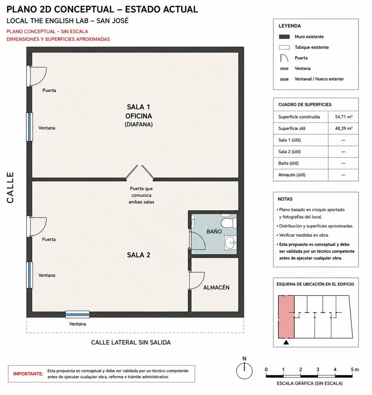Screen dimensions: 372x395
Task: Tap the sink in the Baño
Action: (231, 242)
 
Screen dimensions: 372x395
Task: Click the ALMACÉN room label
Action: (216, 287)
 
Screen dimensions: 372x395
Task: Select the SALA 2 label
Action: (138, 255)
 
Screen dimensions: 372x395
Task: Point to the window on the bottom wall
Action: (77, 314)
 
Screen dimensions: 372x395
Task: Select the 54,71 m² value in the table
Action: (343, 117)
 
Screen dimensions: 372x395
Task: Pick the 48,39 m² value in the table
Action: (343, 128)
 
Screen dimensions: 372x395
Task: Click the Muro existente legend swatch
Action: (284, 37)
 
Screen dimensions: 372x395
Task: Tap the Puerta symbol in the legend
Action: (284, 57)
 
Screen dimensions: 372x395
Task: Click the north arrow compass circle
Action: (244, 371)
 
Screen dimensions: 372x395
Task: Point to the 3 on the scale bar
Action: (318, 369)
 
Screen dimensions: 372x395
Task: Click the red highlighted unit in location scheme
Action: (286, 317)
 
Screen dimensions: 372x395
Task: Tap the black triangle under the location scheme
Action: (286, 342)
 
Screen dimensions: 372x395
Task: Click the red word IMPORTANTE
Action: (28, 374)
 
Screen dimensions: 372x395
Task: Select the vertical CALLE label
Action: (10, 187)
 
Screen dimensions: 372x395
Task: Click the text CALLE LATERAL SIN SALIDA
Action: (131, 342)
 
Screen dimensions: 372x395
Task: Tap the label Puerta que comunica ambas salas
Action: (141, 195)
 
